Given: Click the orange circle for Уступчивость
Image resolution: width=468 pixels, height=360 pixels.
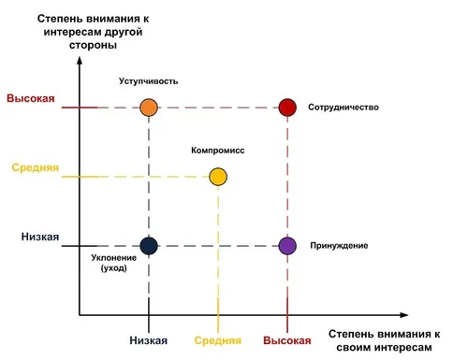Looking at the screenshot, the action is (149, 108).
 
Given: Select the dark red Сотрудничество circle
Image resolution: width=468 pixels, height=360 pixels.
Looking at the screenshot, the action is (287, 108).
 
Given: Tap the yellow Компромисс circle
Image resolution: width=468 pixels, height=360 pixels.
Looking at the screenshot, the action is (218, 177).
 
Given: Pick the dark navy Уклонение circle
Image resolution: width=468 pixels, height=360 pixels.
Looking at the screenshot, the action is (149, 246).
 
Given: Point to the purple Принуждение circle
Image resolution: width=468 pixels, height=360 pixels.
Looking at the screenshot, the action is (287, 246).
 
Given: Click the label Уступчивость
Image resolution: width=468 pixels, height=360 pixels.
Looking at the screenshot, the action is (149, 81).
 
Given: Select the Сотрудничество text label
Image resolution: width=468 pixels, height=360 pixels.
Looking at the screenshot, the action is (344, 108).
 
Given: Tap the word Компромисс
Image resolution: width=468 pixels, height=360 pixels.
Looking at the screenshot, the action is (218, 151).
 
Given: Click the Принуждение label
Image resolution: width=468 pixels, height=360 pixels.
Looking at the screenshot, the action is (339, 246).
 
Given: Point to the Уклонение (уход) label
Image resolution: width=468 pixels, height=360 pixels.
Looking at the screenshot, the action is (114, 263).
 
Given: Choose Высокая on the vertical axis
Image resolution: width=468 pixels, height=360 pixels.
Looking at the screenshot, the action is (31, 98).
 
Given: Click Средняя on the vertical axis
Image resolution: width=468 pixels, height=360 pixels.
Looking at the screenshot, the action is (36, 167).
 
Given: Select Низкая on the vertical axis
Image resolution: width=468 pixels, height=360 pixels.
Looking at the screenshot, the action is (40, 237).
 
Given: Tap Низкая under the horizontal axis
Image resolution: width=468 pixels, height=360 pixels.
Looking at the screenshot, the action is (149, 340).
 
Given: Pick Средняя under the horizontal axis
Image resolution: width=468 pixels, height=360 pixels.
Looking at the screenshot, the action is (218, 340).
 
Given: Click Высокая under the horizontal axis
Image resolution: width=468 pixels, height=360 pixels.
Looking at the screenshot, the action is (287, 340).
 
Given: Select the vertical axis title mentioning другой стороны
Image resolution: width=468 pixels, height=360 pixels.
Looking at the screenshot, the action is (93, 32).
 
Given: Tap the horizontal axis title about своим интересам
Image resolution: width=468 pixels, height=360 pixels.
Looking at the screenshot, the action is (384, 340).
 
